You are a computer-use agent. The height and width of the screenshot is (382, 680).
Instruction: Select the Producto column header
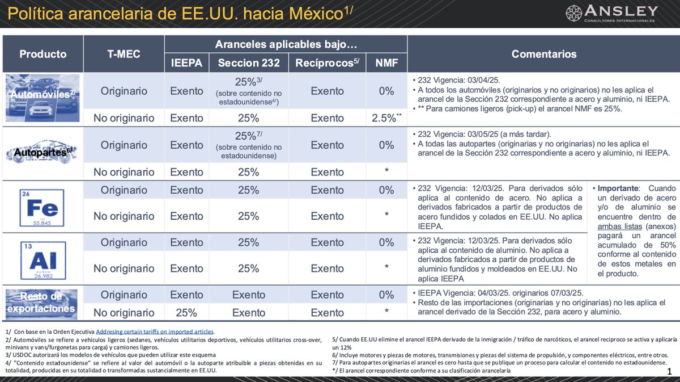tap(43, 54)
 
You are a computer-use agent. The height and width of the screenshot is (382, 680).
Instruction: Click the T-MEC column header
tap(124, 54)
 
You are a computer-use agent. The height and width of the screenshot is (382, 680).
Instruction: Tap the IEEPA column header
tap(186, 62)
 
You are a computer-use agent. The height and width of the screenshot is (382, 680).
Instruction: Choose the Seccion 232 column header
tap(248, 62)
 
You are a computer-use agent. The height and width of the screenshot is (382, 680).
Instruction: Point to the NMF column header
tap(386, 62)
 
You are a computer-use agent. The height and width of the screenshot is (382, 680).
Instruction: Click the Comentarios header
tap(543, 54)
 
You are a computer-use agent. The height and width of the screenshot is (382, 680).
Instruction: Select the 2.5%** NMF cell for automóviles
tap(386, 118)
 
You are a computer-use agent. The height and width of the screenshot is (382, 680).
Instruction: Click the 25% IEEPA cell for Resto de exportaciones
tap(186, 313)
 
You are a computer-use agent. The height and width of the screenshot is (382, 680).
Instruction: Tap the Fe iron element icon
tap(43, 207)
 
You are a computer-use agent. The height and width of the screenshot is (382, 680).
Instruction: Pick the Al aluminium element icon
tap(43, 259)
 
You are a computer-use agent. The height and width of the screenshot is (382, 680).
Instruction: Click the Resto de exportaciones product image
tap(43, 303)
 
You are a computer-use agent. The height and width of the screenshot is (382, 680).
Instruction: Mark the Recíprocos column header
tap(327, 62)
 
